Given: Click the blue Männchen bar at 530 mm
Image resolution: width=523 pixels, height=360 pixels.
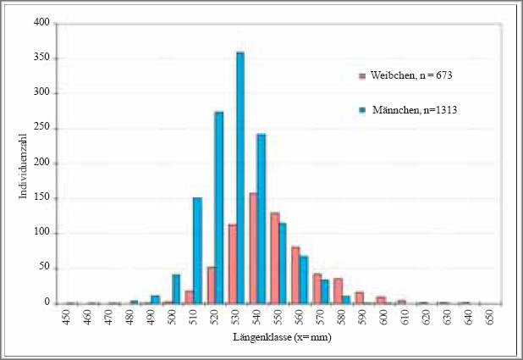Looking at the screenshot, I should point(240,178).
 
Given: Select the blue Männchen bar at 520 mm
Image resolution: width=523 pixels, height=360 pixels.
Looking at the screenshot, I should point(219,208).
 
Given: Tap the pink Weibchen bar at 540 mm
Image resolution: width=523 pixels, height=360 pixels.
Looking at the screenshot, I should point(253,248).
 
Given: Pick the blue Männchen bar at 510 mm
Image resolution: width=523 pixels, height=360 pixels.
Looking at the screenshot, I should point(197,251).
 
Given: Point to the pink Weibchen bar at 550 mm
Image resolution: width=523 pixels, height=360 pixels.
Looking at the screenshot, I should point(274,258).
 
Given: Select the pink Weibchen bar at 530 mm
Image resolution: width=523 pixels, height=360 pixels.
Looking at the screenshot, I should point(232,263).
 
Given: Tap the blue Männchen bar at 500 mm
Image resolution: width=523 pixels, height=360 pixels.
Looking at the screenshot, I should point(176,289).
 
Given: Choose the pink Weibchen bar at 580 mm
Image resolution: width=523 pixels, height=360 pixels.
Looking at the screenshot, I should point(338,291).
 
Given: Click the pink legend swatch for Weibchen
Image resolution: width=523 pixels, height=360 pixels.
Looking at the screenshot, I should point(362,76).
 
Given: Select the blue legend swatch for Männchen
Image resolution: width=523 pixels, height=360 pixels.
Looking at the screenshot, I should point(362,109).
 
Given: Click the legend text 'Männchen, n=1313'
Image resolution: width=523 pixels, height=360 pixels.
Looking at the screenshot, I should point(408,109).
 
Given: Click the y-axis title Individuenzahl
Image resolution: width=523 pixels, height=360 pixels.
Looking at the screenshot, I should point(23,164).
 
